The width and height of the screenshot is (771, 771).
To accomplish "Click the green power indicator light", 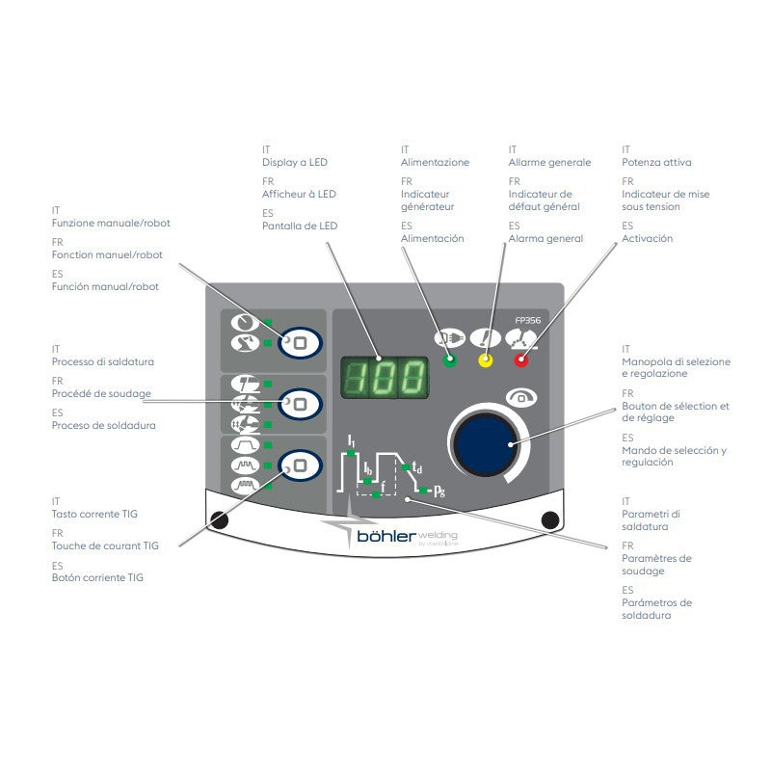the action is (449, 360).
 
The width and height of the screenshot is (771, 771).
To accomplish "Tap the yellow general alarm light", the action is (486, 360).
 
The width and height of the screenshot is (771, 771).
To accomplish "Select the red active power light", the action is (521, 360).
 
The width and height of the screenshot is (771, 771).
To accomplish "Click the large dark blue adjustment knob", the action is (486, 444).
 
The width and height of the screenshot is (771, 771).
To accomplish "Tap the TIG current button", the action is (300, 465).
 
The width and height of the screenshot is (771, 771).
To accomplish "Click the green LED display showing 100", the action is (385, 377).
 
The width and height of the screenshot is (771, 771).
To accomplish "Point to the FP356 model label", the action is (527, 320).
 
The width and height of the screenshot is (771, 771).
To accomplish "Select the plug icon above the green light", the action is (449, 338).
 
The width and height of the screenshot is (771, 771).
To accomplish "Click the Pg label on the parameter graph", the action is (439, 491).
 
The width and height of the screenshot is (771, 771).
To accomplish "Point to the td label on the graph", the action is (417, 466).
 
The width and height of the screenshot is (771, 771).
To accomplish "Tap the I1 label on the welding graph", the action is (351, 440).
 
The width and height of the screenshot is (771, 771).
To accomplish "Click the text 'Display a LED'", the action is (295, 162).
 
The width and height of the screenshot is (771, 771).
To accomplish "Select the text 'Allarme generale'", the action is (549, 162).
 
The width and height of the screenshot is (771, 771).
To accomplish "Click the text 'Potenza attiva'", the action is (656, 162).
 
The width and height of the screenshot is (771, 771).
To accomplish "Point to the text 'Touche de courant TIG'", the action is (105, 545).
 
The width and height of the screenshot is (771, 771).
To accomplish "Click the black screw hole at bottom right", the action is (549, 519).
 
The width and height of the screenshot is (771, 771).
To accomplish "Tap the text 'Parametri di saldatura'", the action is (651, 520).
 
